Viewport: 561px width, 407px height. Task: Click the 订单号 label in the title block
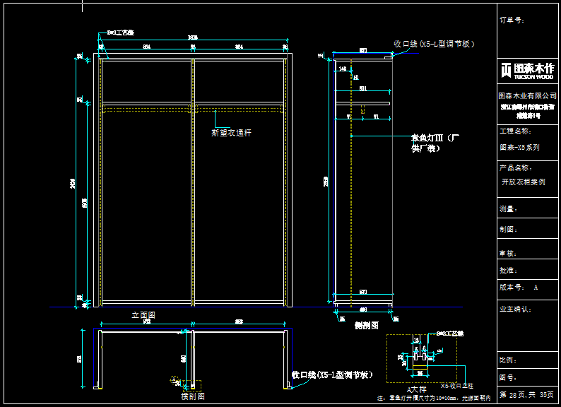[x=511, y=20]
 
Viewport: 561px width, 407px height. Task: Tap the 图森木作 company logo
[x=527, y=69]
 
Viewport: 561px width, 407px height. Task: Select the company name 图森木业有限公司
[x=526, y=95]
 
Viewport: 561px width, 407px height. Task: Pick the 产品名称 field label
[x=515, y=168]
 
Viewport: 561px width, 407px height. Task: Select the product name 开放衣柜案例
[x=524, y=182]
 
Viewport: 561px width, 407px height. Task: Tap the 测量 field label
[x=507, y=209]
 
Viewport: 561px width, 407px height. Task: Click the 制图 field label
[x=507, y=229]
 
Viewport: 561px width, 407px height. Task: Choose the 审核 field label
[x=507, y=252]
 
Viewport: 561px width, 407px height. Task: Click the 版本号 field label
[x=512, y=288]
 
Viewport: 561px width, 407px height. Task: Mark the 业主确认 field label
[x=515, y=309]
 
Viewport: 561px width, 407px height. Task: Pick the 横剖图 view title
[x=192, y=396]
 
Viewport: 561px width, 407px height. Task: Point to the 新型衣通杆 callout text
[x=232, y=132]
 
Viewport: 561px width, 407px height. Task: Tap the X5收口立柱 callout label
[x=457, y=386]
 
